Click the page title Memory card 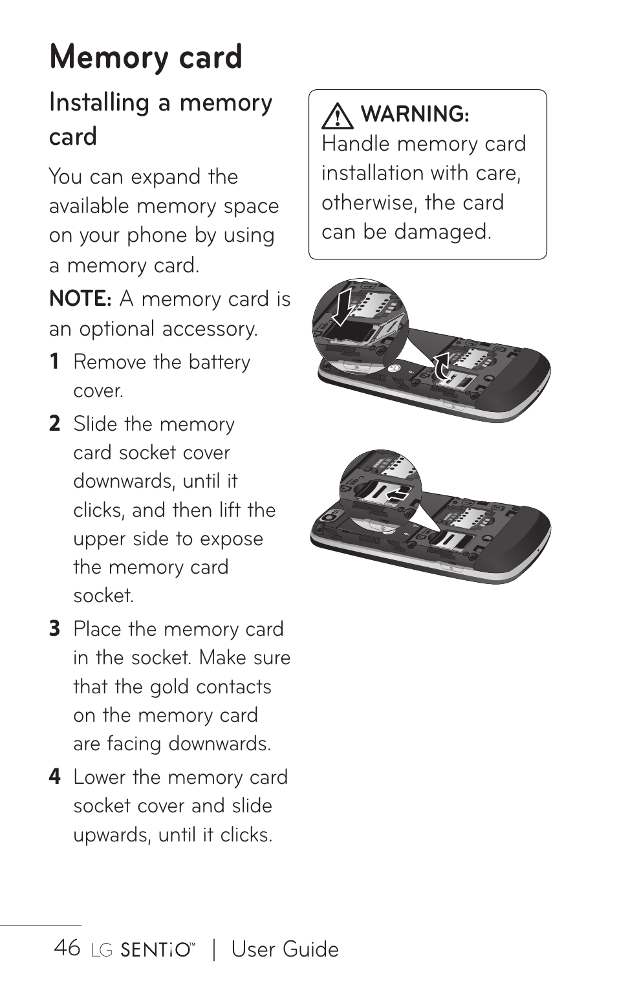146,57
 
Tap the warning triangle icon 336,116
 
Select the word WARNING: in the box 415,114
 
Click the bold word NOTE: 81,299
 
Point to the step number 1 55,362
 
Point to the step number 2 55,424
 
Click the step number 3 55,629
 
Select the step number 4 55,777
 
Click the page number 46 67,948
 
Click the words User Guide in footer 285,949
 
